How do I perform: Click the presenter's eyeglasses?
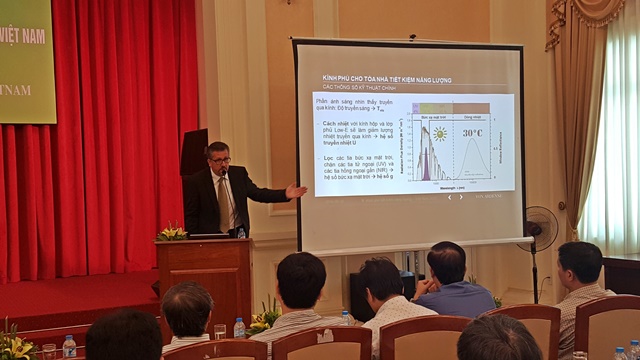[x=220, y=160]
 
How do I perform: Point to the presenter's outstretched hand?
[x=296, y=188]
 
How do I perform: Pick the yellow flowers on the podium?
[x=172, y=233]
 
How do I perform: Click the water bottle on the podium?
[x=241, y=231]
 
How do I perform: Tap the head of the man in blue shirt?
[x=446, y=262]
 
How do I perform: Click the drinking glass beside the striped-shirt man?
[x=220, y=331]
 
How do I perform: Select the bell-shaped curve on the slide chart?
[x=470, y=160]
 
